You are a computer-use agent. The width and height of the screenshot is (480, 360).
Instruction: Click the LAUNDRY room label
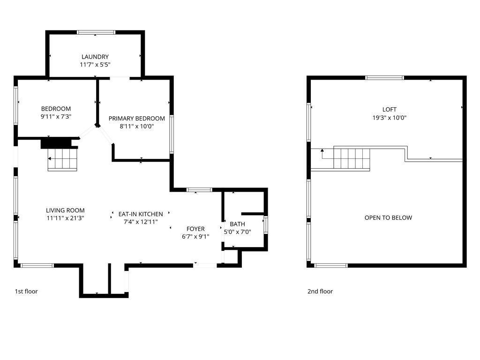tap(95, 57)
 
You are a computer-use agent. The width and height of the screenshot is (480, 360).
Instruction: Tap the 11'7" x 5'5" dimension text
tap(95, 65)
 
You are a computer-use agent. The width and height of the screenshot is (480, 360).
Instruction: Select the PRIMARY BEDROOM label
tap(136, 119)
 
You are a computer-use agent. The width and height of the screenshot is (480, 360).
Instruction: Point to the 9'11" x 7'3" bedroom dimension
tap(56, 117)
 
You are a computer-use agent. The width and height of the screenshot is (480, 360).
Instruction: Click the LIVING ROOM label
tap(65, 210)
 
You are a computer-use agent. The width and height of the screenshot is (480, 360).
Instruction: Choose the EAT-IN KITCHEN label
tap(141, 214)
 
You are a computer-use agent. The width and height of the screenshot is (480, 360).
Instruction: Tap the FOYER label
tap(195, 229)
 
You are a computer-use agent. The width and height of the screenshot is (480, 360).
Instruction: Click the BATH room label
tap(237, 224)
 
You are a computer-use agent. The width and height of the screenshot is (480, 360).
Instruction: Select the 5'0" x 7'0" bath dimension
tap(238, 232)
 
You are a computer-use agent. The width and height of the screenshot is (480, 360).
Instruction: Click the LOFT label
tap(390, 110)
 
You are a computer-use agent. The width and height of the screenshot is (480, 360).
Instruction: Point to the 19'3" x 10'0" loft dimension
tap(390, 118)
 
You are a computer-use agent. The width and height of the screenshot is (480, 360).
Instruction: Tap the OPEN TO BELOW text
tap(388, 217)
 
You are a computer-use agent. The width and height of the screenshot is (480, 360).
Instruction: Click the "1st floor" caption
tap(26, 292)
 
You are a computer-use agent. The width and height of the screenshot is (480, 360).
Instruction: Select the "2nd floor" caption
tap(320, 292)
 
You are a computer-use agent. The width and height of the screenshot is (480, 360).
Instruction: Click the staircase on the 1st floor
tap(62, 159)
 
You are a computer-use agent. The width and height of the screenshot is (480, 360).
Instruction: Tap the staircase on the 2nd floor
tap(352, 158)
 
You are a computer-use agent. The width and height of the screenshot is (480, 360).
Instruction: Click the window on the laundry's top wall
tap(96, 32)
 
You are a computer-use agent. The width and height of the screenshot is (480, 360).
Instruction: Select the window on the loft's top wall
tap(385, 78)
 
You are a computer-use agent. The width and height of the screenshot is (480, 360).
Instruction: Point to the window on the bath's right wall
tap(266, 225)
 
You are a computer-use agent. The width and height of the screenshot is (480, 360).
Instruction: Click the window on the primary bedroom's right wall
tap(172, 134)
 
